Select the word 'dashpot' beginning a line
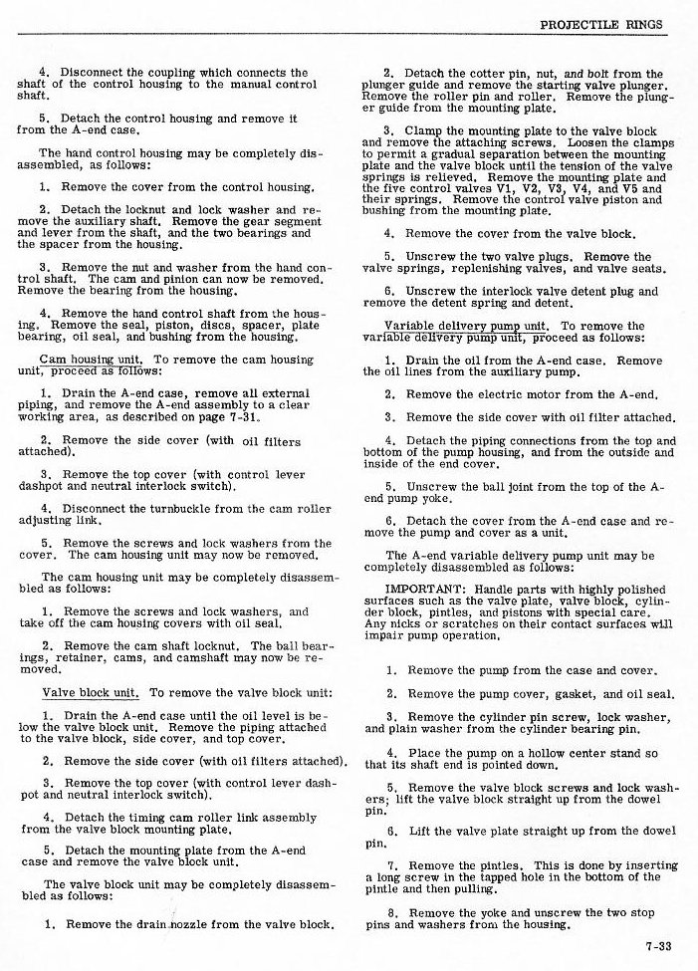[x=46, y=487]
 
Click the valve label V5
[x=652, y=187]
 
